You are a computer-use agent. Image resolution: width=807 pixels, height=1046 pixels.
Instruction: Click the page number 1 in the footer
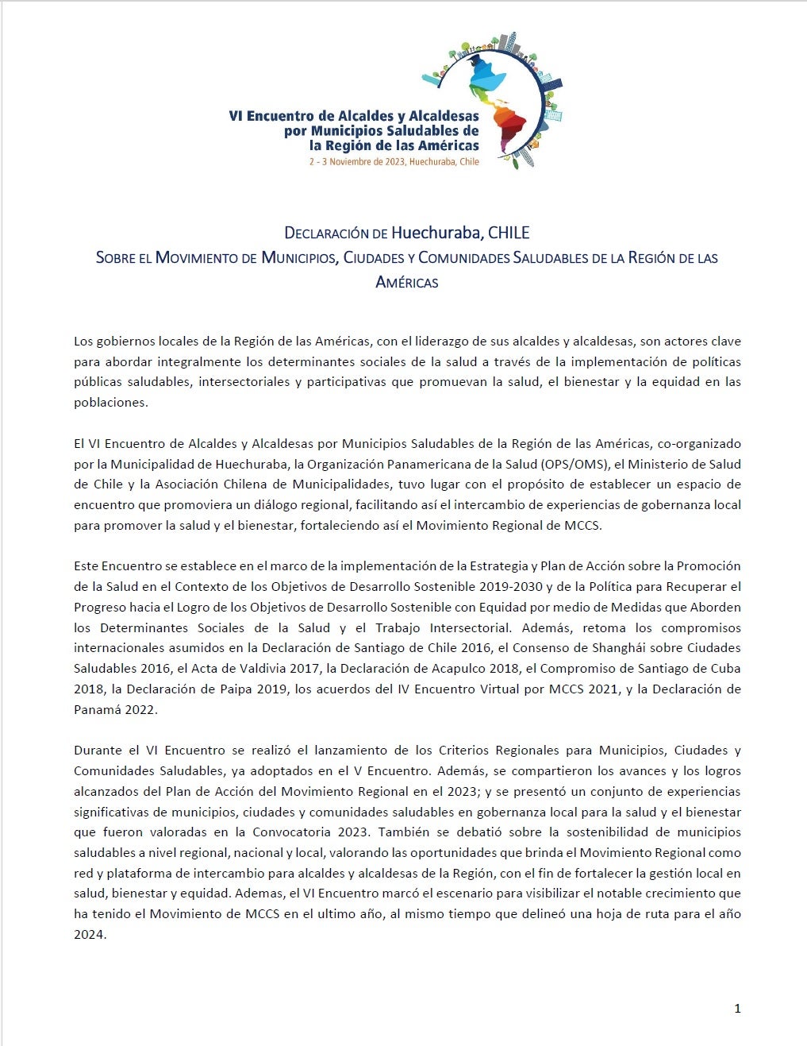pos(737,1009)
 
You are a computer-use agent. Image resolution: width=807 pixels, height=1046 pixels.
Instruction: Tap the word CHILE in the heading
pos(509,233)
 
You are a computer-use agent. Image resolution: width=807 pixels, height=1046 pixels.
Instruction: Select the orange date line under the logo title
pos(394,161)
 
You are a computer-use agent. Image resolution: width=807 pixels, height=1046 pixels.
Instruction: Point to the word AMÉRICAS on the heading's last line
pos(406,282)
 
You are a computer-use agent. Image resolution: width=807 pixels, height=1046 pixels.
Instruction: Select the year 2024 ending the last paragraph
pos(89,935)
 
